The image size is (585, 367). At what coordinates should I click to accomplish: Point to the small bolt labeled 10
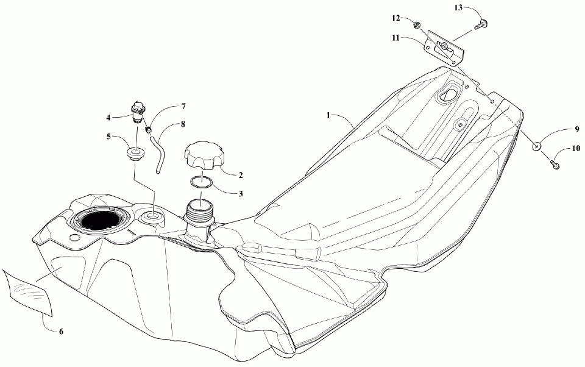[554, 163]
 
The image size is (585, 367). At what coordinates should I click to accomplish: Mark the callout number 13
[458, 7]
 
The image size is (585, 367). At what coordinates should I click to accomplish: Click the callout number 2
[241, 175]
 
